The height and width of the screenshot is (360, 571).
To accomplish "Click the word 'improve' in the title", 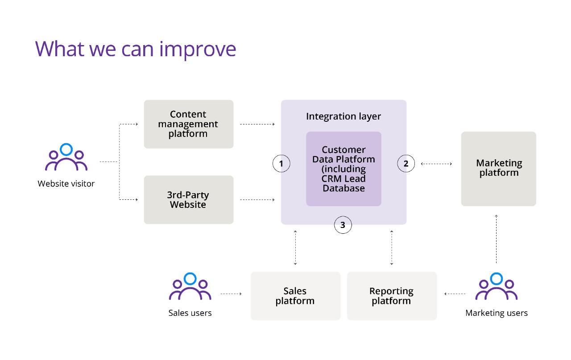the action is pos(198,50).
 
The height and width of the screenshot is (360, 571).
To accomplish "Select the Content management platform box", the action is pos(189,124).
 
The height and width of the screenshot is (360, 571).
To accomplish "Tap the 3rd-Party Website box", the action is pos(189,200).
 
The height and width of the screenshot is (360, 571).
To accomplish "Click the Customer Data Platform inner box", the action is pos(343,169).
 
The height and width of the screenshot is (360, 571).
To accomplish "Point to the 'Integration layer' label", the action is pos(343,116).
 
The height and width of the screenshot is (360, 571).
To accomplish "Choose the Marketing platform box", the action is pos(499,169).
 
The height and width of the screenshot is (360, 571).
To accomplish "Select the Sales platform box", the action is pos(295,296).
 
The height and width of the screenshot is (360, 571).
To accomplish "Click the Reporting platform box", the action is pos(392,296).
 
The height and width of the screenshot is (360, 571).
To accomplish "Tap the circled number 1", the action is pos(281,163).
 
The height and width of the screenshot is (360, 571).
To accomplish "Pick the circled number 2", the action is pos(406,163).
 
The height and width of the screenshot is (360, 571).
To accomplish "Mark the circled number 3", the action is pos(343,225).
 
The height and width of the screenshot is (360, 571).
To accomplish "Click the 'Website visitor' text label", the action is pos(66,184).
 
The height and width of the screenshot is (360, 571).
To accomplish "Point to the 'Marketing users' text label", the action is pos(497,313).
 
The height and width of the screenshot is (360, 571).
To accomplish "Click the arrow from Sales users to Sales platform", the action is pos(231,294).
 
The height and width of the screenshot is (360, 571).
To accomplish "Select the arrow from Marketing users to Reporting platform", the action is pos(455,294).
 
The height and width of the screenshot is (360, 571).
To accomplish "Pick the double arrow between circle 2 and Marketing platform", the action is pos(436,164).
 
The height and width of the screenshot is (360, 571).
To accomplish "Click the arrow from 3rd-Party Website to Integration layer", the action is pos(257,200).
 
